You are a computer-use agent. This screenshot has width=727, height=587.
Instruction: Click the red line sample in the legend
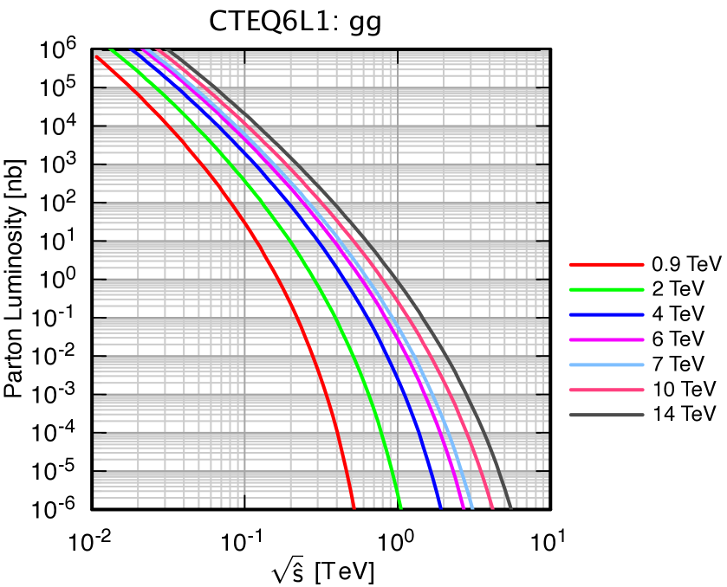point(607,264)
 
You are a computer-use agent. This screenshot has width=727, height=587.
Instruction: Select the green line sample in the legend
point(607,289)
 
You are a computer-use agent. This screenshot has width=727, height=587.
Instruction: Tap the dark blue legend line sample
point(607,314)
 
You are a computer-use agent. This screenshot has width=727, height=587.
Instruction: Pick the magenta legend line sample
point(607,339)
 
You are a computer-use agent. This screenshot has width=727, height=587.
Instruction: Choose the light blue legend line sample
point(607,364)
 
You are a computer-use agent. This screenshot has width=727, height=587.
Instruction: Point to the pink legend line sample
point(607,390)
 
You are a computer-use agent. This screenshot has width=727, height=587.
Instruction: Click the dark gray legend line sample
point(607,415)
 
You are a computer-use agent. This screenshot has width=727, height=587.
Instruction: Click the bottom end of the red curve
point(354,507)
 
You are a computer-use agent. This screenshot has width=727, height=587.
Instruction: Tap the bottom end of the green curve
point(401,507)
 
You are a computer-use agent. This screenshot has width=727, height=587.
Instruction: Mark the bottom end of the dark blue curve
point(441,507)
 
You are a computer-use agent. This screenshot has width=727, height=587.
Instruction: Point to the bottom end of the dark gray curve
point(510,507)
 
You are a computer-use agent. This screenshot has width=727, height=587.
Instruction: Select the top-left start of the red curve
point(96,56)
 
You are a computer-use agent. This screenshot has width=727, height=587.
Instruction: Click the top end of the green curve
point(113,50)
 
